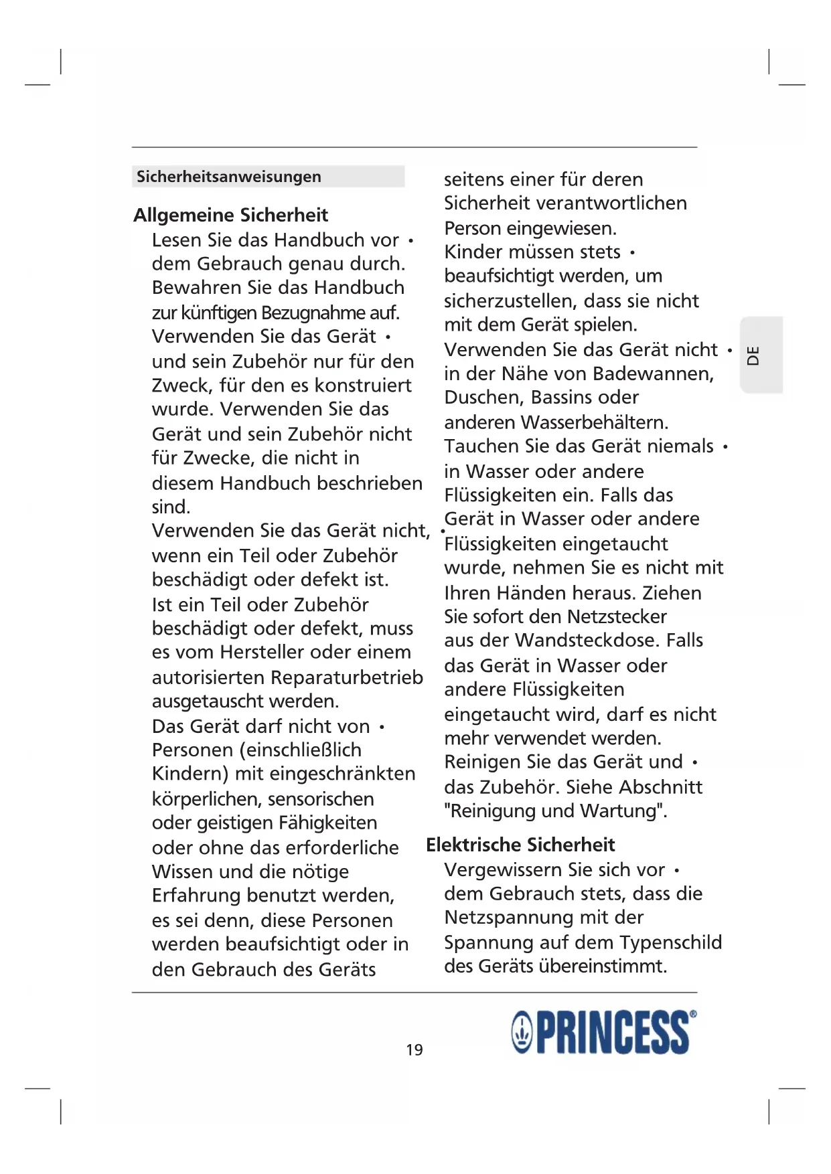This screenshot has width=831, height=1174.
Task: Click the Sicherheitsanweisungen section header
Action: pos(229,177)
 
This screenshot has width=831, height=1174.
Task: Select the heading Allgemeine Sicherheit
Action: pos(231,215)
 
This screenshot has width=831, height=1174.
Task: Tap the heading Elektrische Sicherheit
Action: pos(520,845)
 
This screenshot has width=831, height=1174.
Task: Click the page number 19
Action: pos(414,1050)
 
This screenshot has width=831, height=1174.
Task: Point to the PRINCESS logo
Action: pos(602,1032)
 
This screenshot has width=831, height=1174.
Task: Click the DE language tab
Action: pos(753,355)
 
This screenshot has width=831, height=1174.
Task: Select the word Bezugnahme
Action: pos(313,313)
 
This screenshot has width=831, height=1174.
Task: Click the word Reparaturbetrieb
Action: pos(347,677)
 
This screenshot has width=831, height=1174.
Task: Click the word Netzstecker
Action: pos(617,616)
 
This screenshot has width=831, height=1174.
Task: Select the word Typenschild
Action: pos(670,942)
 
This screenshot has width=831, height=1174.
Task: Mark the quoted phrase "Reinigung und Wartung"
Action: pos(555,811)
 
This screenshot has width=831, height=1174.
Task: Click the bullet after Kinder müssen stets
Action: pos(632,253)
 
